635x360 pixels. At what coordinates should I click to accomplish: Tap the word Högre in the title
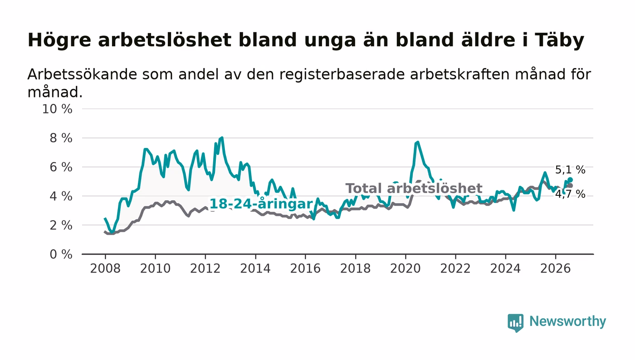[59, 40]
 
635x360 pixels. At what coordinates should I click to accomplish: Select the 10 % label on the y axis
[57, 109]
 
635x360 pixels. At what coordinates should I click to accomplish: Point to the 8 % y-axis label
[61, 138]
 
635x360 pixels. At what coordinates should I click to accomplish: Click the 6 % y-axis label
[61, 167]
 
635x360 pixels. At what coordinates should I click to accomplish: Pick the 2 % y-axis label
[61, 226]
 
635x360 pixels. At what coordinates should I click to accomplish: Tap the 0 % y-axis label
[61, 254]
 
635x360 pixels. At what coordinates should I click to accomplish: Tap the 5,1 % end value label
[570, 170]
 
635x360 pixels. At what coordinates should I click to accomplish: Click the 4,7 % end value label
[570, 195]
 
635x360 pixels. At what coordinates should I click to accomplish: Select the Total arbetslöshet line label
[414, 189]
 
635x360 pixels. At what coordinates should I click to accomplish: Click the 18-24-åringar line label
[261, 204]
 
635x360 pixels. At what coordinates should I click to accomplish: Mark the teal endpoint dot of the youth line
[571, 180]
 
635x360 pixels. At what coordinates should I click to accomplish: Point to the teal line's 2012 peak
[222, 138]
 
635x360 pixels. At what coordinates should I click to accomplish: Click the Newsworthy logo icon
[515, 323]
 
